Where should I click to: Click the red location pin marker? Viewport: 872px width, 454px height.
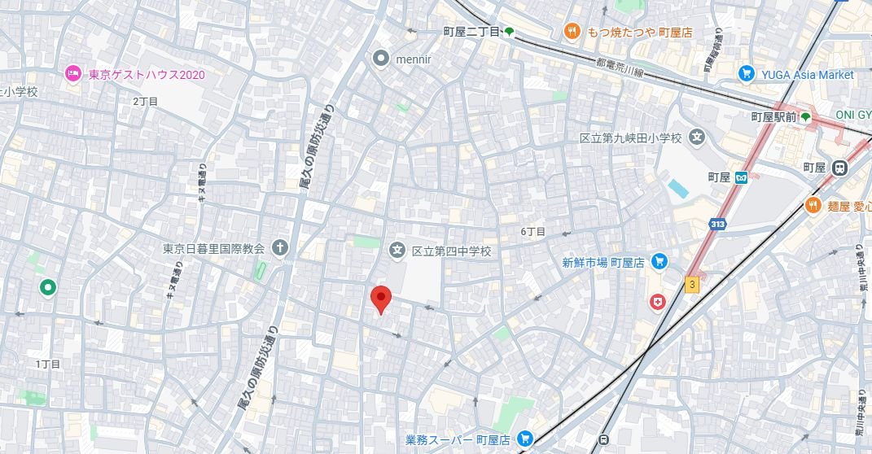[379, 299]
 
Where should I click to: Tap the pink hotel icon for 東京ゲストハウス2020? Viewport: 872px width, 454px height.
[73, 75]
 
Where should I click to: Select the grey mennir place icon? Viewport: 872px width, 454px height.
[381, 58]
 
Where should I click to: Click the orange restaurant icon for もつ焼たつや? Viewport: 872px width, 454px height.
[572, 32]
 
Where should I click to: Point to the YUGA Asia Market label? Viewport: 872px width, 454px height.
[808, 74]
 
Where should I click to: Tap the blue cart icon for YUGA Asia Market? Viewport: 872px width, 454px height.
[746, 74]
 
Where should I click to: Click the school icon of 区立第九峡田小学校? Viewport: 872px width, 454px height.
[696, 138]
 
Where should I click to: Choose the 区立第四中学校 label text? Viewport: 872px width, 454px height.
[451, 251]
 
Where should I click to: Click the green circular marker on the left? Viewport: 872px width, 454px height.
[48, 286]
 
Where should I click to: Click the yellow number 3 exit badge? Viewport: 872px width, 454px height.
[692, 284]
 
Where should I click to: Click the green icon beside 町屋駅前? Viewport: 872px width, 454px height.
[806, 117]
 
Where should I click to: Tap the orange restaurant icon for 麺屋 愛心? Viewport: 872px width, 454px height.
[812, 206]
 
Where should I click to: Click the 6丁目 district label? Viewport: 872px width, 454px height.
[533, 232]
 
